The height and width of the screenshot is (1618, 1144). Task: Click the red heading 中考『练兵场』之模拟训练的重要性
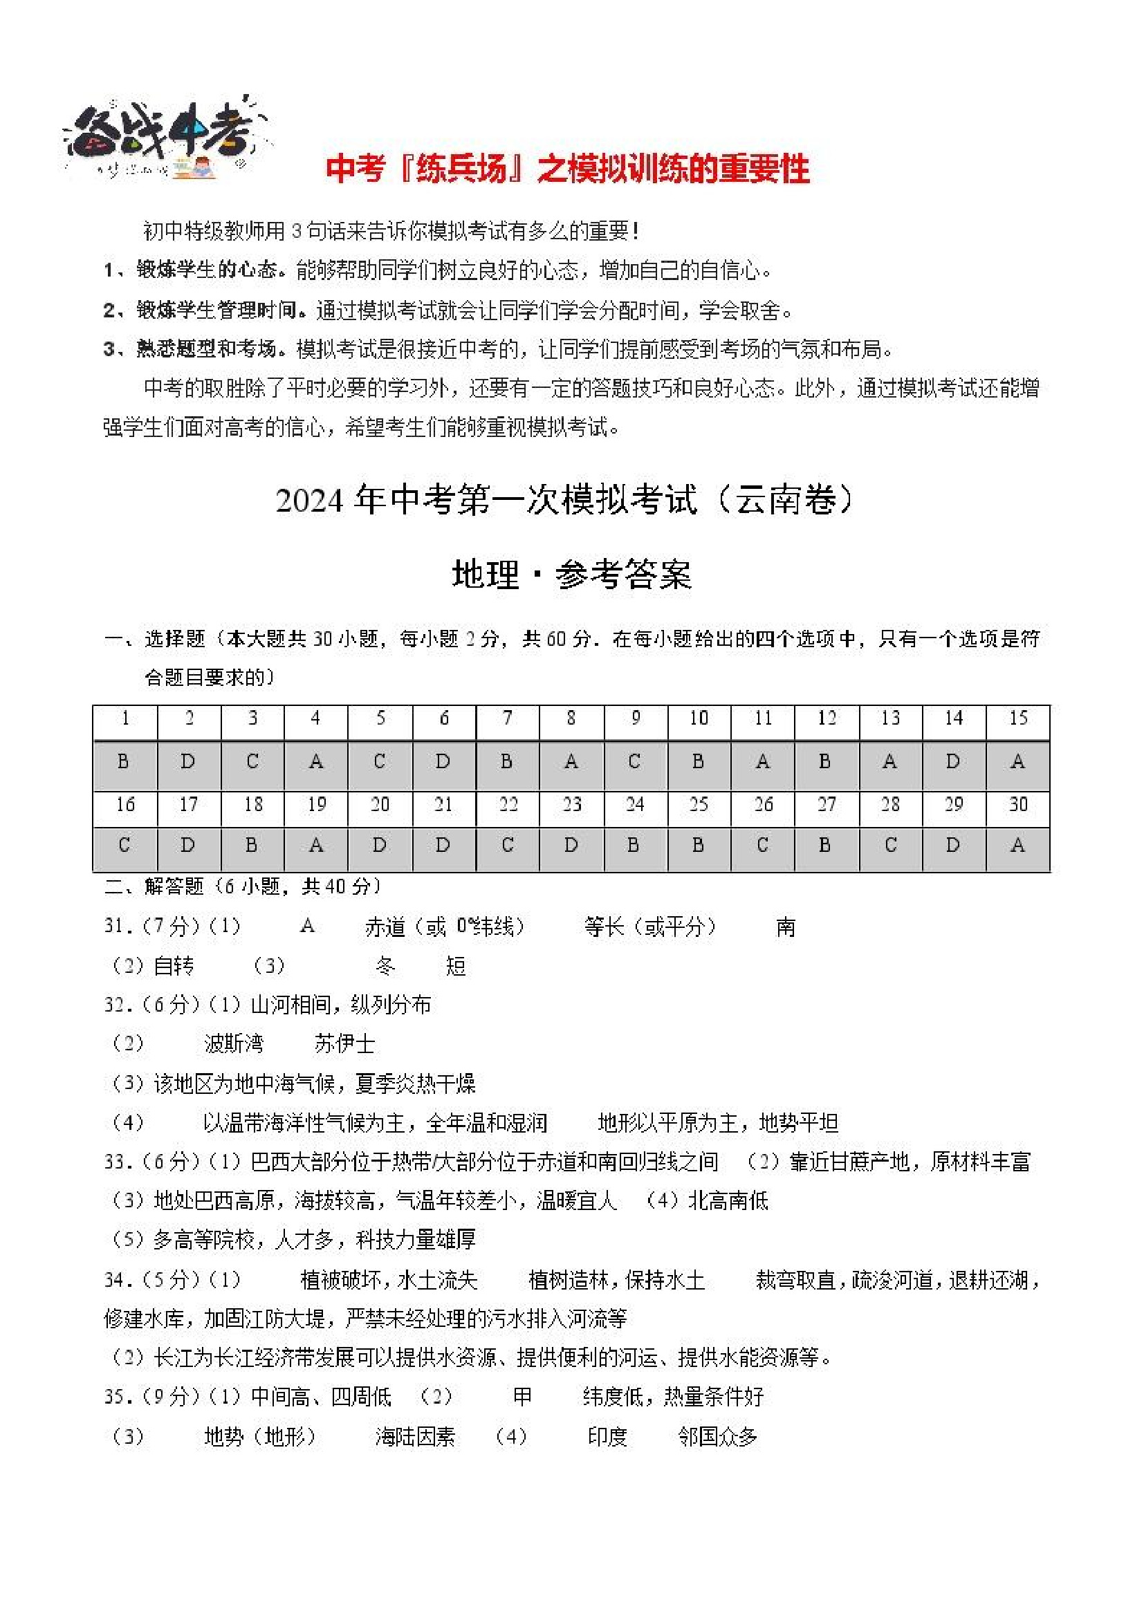[567, 169]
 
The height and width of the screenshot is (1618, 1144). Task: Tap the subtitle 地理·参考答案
[571, 575]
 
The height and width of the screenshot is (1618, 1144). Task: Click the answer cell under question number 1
[124, 763]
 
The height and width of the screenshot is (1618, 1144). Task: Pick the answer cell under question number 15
[1017, 763]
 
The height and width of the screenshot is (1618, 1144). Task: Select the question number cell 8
[571, 719]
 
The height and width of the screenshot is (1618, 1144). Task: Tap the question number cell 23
[571, 805]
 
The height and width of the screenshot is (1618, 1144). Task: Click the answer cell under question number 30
[1017, 846]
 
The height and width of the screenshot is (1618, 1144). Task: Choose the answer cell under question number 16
[124, 846]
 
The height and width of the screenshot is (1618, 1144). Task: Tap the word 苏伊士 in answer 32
[344, 1043]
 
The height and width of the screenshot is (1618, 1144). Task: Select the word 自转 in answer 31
[174, 966]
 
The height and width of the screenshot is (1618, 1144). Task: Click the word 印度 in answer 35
[607, 1436]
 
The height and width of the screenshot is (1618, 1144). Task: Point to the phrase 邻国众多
[717, 1436]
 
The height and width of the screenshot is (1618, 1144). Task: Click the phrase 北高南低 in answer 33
[728, 1200]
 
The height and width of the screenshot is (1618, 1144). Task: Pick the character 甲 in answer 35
[522, 1397]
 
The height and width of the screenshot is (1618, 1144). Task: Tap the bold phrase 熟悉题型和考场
[207, 348]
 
